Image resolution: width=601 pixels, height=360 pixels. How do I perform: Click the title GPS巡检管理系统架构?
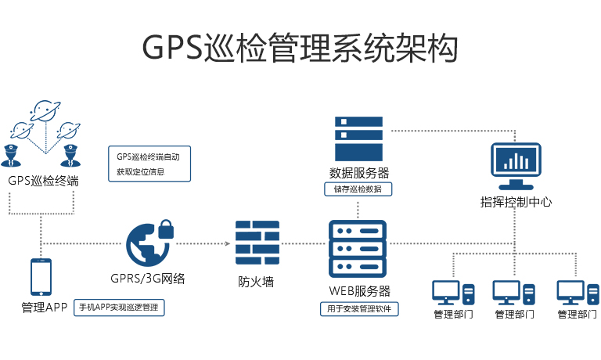(300, 48)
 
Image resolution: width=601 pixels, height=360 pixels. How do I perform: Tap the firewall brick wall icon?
(257, 244)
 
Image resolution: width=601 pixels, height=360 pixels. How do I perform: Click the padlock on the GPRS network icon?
(165, 229)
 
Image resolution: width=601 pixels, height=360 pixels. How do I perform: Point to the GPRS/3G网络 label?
(148, 278)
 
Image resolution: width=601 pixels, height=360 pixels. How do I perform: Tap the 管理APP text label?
(45, 308)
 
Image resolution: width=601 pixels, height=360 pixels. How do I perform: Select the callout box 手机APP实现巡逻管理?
(119, 308)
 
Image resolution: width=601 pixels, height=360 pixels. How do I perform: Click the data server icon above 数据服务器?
(359, 138)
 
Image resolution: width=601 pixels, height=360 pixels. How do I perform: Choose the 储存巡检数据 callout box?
(358, 189)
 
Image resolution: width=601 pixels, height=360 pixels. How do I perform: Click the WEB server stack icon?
(358, 248)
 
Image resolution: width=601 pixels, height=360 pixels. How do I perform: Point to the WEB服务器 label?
(359, 291)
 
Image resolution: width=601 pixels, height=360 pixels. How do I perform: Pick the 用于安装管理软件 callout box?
(359, 309)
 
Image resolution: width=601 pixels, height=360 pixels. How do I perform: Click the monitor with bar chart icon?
(516, 166)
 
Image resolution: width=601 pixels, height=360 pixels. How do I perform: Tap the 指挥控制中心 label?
(516, 202)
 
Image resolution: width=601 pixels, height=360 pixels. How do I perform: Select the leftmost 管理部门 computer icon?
(453, 293)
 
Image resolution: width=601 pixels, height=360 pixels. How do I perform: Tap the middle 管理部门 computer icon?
(514, 293)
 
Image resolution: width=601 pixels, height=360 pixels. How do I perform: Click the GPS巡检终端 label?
(43, 181)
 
